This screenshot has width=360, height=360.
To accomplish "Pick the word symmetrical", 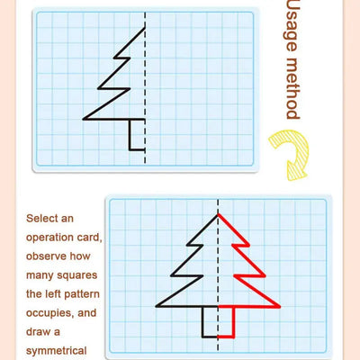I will (x=56, y=351).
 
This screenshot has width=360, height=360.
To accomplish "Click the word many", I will (x=41, y=275).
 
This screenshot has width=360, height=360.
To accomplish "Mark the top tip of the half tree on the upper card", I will (x=145, y=28).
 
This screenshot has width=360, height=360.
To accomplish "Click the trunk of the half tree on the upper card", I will (x=137, y=134).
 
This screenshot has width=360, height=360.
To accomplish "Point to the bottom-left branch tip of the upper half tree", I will (x=84, y=118).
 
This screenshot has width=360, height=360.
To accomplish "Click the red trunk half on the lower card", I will (x=226, y=320).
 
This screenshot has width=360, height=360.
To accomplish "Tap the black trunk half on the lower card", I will (x=210, y=320).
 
